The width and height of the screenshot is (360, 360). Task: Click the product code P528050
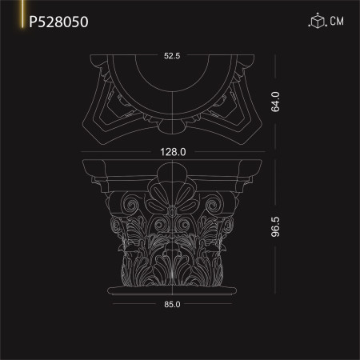coord(58,22)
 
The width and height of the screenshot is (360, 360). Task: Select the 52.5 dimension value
coord(172,57)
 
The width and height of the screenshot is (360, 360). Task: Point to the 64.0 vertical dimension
coord(274,102)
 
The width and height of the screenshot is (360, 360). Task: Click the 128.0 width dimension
coord(171,151)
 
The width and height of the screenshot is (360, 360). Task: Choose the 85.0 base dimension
coord(171,304)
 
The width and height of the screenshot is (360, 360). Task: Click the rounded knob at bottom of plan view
coord(172,126)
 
